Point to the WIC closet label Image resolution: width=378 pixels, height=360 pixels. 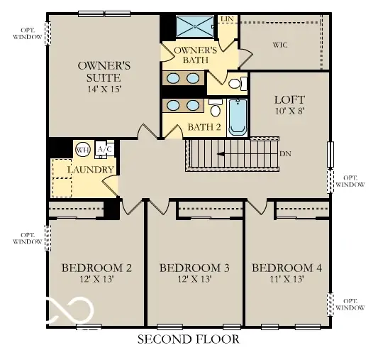(x=280, y=45)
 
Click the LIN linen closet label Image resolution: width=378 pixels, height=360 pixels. (x=228, y=19)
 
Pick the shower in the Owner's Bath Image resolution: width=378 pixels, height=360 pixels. (x=194, y=26)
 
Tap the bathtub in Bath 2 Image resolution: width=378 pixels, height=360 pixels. (x=237, y=117)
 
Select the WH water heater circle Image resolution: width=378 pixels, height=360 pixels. (x=82, y=150)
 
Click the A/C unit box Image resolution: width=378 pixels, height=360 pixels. (x=104, y=150)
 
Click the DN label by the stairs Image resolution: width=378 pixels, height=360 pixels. (x=285, y=153)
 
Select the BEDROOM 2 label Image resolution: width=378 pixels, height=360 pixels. (x=96, y=268)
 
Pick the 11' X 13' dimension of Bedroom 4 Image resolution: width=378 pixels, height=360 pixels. (x=287, y=280)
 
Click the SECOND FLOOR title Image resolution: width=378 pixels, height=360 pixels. (x=188, y=339)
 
